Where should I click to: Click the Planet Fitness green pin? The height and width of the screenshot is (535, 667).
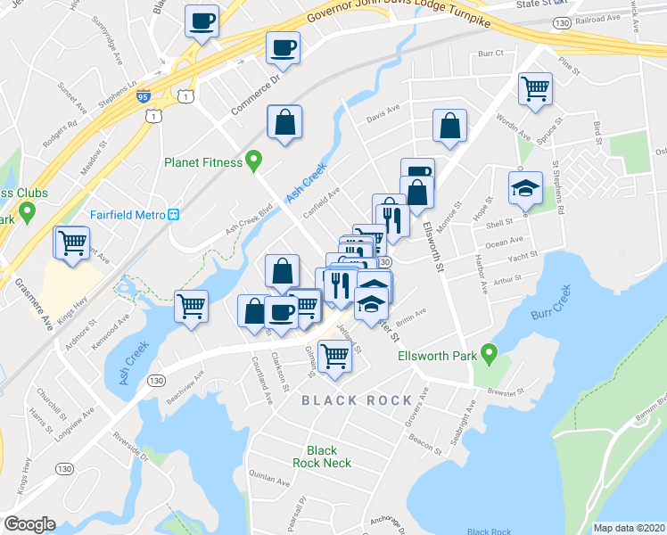pyautogui.click(x=253, y=161)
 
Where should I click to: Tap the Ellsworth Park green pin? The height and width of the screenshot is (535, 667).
pyautogui.click(x=488, y=354)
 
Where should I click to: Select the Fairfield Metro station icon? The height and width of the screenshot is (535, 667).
pyautogui.click(x=175, y=214)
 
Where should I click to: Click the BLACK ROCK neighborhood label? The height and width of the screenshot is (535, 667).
pyautogui.click(x=357, y=400)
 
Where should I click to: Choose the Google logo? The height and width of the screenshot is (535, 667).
pyautogui.click(x=29, y=524)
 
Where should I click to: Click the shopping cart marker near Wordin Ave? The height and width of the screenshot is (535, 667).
pyautogui.click(x=535, y=88)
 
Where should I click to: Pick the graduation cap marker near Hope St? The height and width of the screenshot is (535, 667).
pyautogui.click(x=525, y=187)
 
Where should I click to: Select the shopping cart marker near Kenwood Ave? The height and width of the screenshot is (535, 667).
pyautogui.click(x=191, y=306)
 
